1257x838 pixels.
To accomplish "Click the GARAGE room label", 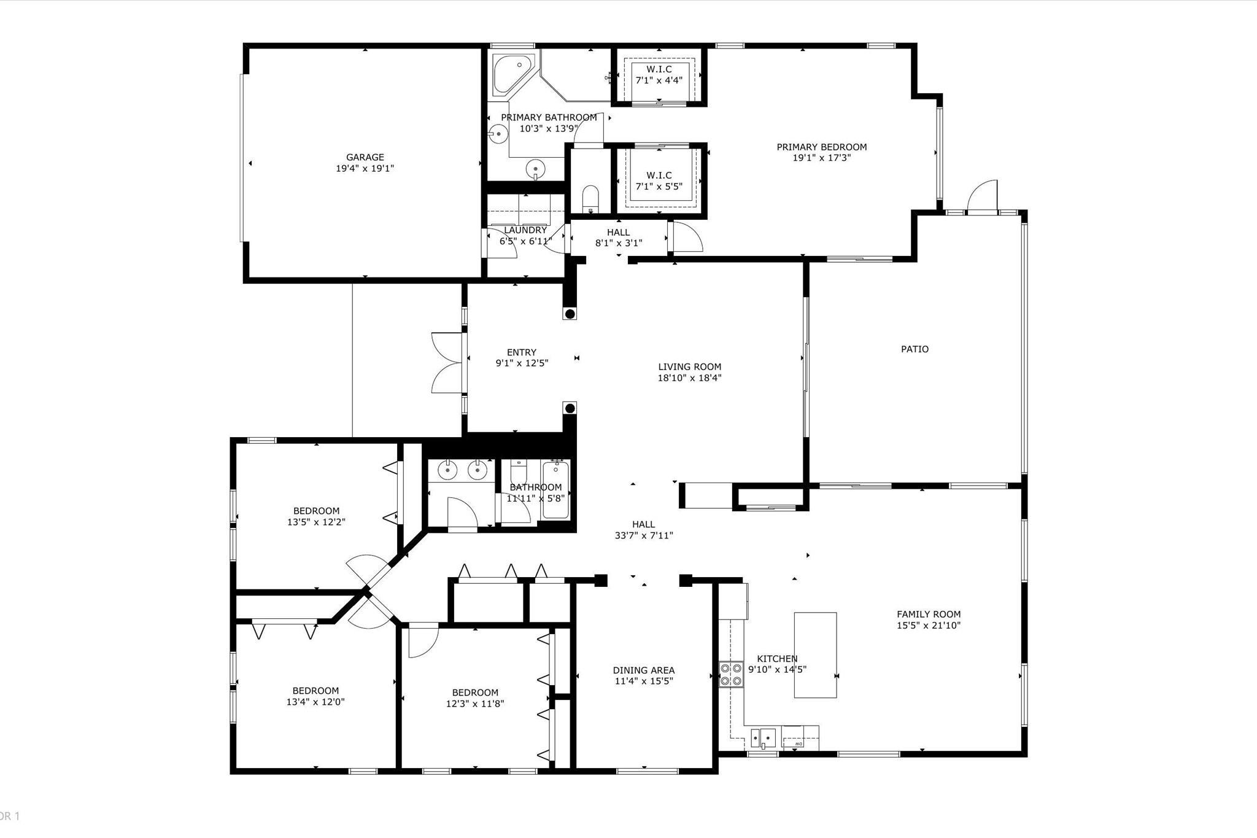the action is [365, 158].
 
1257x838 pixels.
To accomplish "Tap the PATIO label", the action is [915, 349].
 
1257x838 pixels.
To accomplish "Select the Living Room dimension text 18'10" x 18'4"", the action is [689, 378].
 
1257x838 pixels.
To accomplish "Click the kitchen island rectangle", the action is [815, 655].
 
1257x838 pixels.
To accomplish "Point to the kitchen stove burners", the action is [730, 674].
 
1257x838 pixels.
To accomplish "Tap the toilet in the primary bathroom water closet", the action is [590, 198].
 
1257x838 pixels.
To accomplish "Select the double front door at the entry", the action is [447, 363].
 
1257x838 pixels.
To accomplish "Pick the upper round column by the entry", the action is [570, 314].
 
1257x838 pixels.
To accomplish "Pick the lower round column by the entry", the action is [570, 408].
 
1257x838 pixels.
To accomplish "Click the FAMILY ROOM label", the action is [929, 615].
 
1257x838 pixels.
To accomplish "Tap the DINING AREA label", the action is [644, 670].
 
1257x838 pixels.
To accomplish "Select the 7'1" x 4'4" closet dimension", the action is [659, 80].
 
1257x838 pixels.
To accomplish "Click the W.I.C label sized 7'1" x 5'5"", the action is [659, 176].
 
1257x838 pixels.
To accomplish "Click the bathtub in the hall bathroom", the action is [555, 491].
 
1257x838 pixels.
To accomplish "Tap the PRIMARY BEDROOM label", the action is [822, 147].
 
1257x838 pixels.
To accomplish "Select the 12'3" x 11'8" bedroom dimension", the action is [475, 704].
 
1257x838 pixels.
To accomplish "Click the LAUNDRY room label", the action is [525, 230].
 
